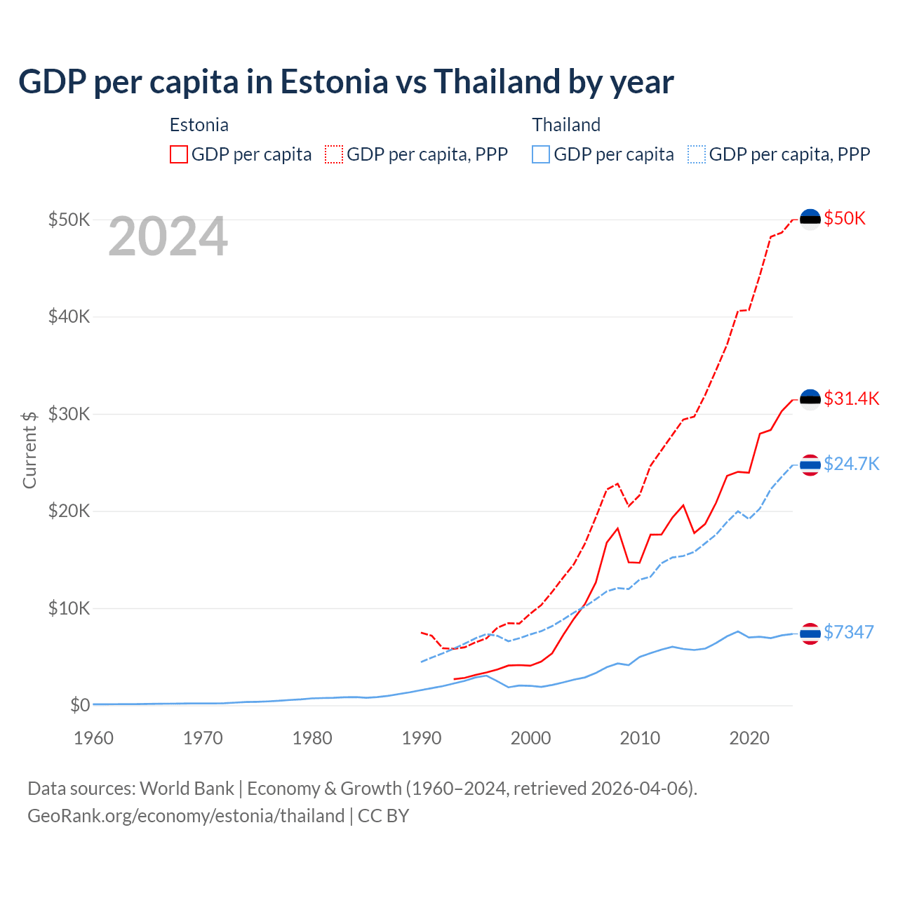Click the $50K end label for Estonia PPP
coord(845,218)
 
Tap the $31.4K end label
coord(851,398)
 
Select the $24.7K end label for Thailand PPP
coord(851,464)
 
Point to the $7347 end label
coord(848,632)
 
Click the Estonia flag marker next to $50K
coord(810,219)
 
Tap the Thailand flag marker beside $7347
coord(810,634)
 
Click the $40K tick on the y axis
coord(69,316)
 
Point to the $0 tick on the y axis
coord(80,705)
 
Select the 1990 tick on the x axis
coord(422,738)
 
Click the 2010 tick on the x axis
coord(640,738)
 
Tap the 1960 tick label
coord(93,738)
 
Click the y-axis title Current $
coord(29,450)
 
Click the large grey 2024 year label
coord(168,237)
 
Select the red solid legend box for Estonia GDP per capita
coord(179,154)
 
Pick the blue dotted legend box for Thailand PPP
coord(697,154)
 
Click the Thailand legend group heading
coord(566,125)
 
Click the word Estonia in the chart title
coord(334,82)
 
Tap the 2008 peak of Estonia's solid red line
coord(617,528)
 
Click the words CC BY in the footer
coord(383,816)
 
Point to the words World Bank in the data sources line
coord(187,789)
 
